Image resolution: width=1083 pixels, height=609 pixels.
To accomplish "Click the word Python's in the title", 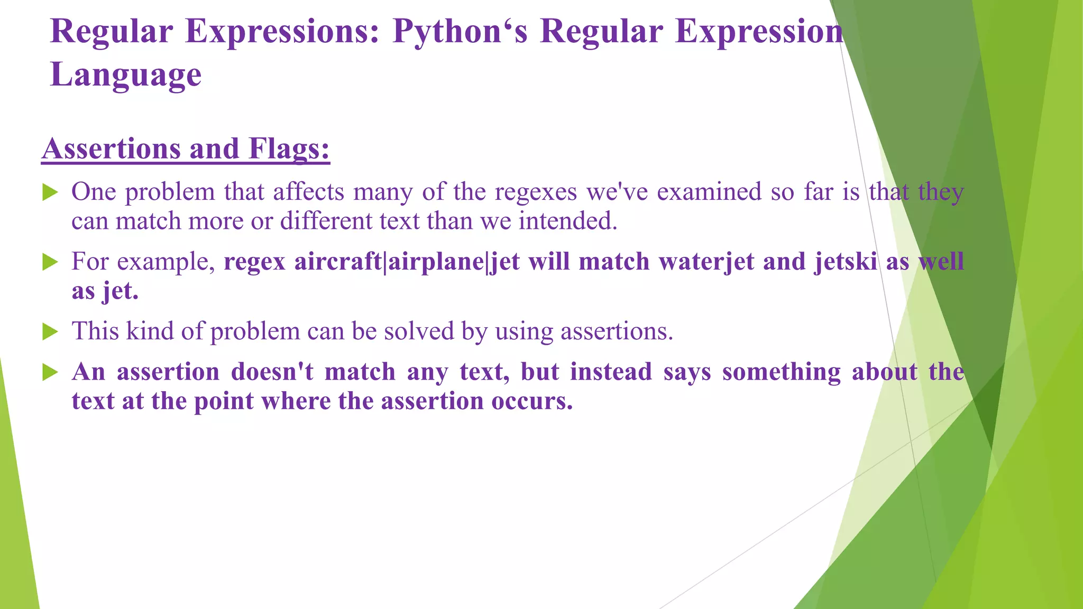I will [x=460, y=32].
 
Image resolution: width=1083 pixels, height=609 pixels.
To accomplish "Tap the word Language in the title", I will [x=126, y=75].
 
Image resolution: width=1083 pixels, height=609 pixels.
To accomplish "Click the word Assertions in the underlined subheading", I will [x=111, y=149].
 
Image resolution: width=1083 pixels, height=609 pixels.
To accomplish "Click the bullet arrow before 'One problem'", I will [x=50, y=192].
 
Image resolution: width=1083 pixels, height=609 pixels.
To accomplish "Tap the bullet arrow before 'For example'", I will [x=50, y=262].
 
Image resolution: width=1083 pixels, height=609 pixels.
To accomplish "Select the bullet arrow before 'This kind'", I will [x=50, y=331].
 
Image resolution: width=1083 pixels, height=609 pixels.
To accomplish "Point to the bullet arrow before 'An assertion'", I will [x=50, y=372].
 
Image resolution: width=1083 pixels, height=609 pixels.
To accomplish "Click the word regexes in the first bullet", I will [x=536, y=192].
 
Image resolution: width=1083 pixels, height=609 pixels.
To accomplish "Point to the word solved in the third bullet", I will [x=419, y=331].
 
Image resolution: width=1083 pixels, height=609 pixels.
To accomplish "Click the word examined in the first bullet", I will [x=709, y=192].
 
